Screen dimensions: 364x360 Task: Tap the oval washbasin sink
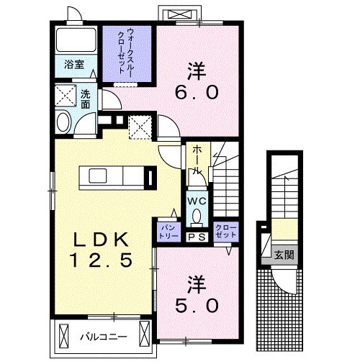pos(62,123)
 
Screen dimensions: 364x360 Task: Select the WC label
pos(197,201)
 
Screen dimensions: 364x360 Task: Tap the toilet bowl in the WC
pos(197,217)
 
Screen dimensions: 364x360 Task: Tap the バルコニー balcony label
pos(103,335)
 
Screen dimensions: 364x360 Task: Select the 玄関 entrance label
pos(283,254)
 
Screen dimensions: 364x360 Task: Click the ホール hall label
pos(197,160)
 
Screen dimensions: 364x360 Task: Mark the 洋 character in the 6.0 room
pos(195,70)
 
